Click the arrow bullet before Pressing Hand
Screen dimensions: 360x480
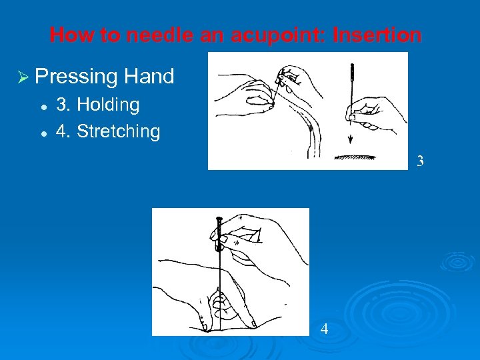25,77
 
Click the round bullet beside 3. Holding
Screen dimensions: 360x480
42,106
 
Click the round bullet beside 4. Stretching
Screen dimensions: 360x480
42,133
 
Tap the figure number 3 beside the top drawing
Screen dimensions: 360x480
419,161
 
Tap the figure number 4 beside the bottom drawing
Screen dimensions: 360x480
324,329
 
